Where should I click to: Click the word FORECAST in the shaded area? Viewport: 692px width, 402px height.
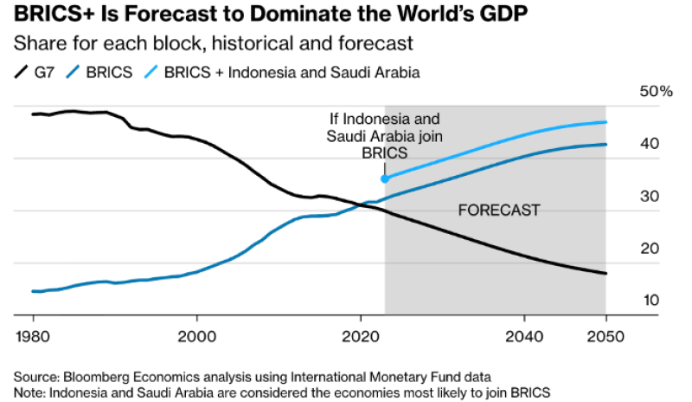coord(498,210)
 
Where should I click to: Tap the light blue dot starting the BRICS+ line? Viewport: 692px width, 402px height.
coord(385,178)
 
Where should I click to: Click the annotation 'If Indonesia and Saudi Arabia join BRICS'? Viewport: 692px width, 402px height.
coord(383,135)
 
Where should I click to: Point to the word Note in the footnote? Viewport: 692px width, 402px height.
coord(28,391)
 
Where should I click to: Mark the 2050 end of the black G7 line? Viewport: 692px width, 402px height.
coord(605,274)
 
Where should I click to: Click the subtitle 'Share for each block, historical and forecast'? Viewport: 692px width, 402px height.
coord(213,42)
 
